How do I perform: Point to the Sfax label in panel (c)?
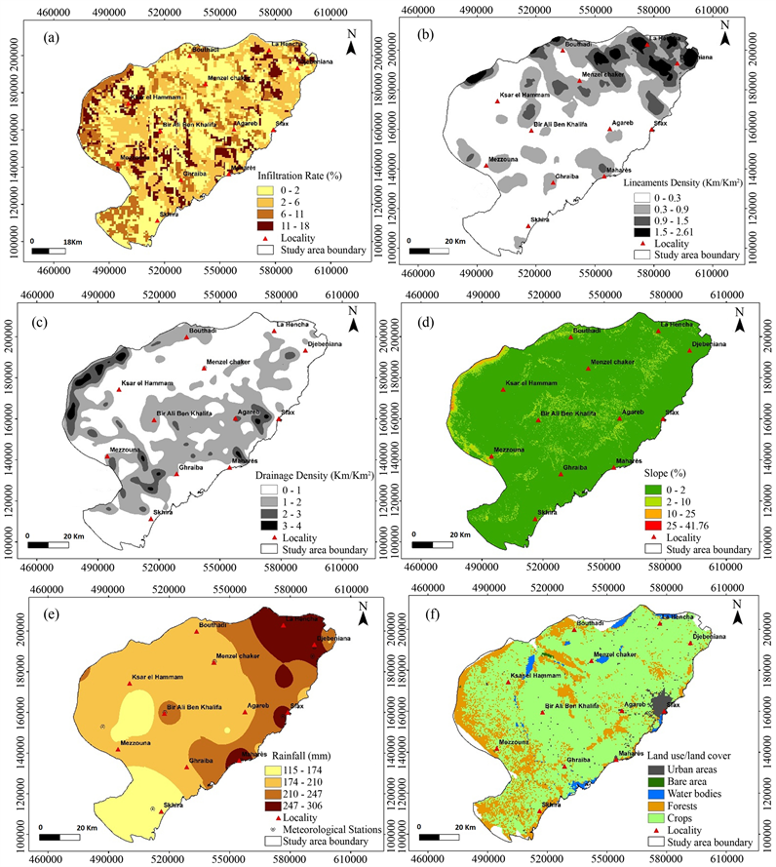(x=288, y=413)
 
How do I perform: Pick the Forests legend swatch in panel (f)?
(x=652, y=805)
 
